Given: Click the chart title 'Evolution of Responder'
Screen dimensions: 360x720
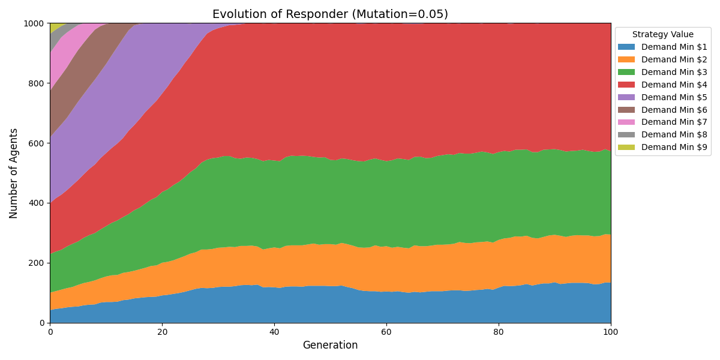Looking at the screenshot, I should (x=330, y=14).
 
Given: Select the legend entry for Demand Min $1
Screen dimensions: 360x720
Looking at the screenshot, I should (x=674, y=47).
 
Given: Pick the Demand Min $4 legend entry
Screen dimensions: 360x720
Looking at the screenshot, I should (x=674, y=85).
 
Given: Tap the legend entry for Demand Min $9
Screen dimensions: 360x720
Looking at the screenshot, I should (x=674, y=147).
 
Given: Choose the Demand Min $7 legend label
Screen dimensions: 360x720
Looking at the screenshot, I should (x=674, y=122).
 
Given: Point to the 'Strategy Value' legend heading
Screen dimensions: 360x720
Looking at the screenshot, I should (x=662, y=35).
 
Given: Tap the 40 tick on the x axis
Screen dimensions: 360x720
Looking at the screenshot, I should (x=274, y=331).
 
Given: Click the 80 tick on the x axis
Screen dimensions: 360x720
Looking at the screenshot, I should (x=499, y=331).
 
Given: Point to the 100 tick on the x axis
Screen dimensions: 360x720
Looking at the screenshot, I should (x=611, y=331).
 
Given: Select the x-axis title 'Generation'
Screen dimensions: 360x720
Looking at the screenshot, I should (x=330, y=345).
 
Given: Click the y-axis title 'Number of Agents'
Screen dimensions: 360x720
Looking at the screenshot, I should (x=14, y=173).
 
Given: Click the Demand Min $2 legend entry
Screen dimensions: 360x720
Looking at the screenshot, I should (x=674, y=59).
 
